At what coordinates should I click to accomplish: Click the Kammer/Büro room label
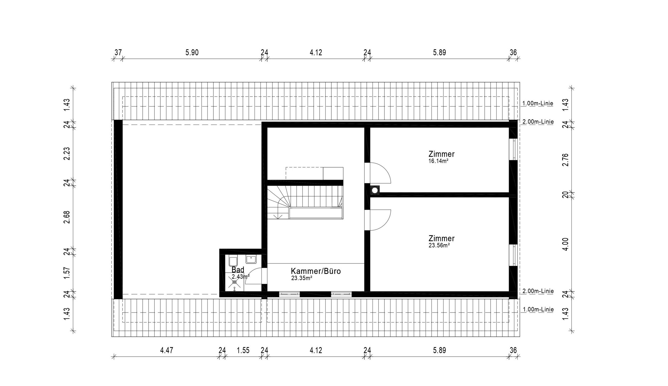[316, 271]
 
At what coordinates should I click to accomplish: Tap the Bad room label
[238, 269]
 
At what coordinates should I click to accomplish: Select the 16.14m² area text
[438, 161]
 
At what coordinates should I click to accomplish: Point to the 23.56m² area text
[439, 245]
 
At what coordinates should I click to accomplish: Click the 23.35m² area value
[302, 278]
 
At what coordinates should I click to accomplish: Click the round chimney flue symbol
[375, 190]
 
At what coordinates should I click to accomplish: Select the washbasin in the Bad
[251, 259]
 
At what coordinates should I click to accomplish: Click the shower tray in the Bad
[234, 282]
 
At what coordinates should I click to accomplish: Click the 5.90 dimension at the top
[192, 52]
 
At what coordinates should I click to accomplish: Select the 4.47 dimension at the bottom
[167, 350]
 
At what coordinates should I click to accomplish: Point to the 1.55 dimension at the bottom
[243, 350]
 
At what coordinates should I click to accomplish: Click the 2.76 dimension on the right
[565, 160]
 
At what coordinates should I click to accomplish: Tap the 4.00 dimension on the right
[565, 244]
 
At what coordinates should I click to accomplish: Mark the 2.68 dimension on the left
[67, 217]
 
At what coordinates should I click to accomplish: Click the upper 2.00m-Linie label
[538, 122]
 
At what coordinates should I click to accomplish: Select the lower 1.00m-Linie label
[538, 310]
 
